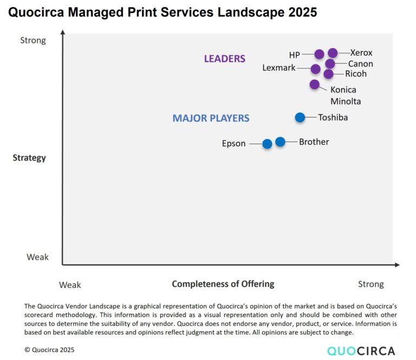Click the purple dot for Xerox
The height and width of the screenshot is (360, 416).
333,53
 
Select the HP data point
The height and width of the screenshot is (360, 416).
319,54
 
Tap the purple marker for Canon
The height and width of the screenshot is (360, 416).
330,64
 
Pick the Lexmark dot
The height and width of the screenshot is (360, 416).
316,69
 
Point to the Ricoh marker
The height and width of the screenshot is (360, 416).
328,74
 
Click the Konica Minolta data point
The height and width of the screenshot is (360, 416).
315,84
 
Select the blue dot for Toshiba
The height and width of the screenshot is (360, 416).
300,117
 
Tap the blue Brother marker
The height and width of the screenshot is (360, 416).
280,142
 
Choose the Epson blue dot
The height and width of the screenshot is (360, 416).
267,144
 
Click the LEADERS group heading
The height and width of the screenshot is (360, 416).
224,59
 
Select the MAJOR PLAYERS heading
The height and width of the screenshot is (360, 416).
211,118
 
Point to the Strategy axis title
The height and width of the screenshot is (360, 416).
29,158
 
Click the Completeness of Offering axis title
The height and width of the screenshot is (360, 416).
223,284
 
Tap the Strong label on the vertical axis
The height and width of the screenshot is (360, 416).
33,40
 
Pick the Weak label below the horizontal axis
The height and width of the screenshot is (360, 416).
70,284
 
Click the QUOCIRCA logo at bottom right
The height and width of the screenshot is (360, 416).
361,350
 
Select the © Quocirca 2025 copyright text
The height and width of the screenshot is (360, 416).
49,350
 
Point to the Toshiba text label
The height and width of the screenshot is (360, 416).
333,117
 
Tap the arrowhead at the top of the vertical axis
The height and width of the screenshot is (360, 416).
62,33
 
